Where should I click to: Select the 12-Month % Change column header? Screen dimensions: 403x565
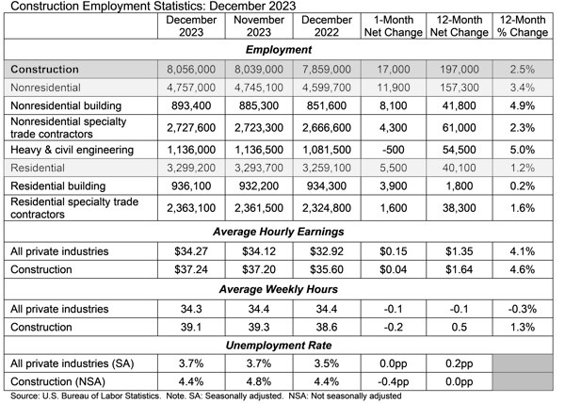tap(524, 25)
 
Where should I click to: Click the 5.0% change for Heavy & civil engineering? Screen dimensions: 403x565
tap(524, 149)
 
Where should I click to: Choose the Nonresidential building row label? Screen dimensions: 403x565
tap(62, 105)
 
